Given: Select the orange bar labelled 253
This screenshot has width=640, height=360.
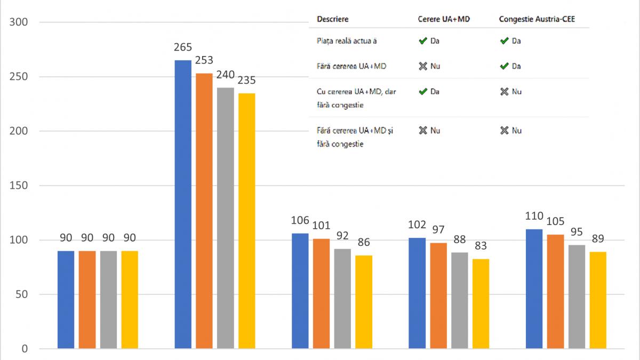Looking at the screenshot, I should click(204, 211).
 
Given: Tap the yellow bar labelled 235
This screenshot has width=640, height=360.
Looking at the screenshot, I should click(246, 221).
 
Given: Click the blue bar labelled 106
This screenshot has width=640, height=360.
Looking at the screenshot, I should click(300, 291).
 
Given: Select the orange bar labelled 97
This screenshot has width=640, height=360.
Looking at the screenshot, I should click(438, 295).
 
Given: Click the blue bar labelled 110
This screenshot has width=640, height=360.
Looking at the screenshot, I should click(534, 289).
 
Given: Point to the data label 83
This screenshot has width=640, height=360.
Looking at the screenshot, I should click(481, 246).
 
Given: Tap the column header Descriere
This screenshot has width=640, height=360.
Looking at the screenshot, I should click(332, 19).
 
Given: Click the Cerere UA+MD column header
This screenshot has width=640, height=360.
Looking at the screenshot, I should click(443, 19).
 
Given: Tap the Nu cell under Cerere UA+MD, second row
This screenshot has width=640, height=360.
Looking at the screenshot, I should click(429, 66).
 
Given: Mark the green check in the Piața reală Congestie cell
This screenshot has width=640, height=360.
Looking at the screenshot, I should click(504, 41).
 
